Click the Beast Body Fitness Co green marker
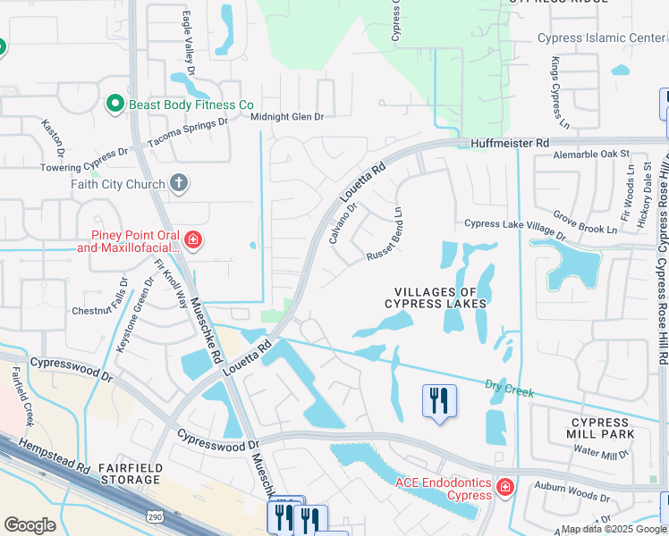(x=114, y=105)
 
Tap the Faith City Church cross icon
(x=179, y=184)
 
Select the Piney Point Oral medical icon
(x=192, y=239)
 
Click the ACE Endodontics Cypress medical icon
(x=504, y=488)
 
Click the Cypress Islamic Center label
(x=601, y=38)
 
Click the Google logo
(x=30, y=525)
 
